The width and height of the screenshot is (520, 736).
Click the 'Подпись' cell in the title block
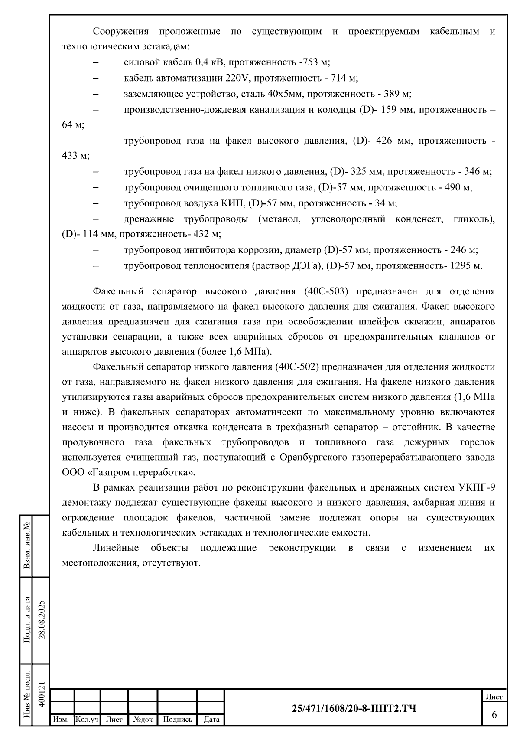coord(177,720)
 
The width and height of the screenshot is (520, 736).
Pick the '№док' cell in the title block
coord(143,720)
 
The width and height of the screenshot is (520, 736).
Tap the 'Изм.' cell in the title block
coord(61,720)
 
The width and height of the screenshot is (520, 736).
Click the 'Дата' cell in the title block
coord(211,720)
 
